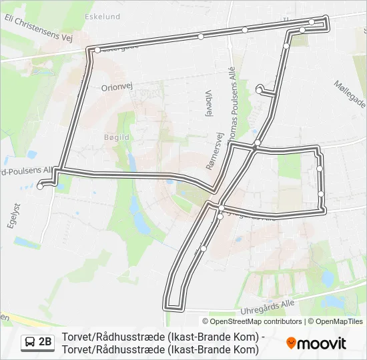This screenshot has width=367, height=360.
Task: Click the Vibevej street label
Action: [209, 103]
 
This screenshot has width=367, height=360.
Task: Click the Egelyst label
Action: [11, 217]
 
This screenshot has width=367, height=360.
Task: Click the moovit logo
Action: [316, 343]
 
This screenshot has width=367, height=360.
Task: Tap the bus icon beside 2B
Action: [30, 343]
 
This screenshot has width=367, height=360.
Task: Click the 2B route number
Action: [45, 343]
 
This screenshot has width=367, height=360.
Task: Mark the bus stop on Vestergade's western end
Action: [97, 50]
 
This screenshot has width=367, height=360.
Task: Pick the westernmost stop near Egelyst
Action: [40, 187]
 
